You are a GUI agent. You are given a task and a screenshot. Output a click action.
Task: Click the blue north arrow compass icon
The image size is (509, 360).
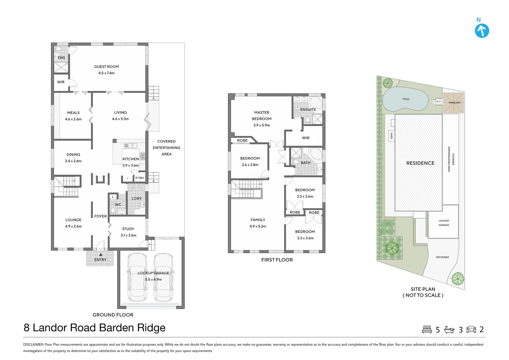(482, 31)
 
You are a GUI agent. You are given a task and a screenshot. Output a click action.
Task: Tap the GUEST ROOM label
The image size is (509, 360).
(107, 67)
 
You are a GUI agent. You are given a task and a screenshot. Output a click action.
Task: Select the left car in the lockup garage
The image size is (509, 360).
(137, 277)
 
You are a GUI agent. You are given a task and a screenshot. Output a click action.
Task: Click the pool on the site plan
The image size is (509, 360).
(405, 99)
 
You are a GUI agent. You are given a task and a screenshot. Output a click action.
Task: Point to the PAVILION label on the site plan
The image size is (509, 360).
(454, 103)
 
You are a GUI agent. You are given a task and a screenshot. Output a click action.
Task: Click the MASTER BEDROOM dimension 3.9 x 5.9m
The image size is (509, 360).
(262, 125)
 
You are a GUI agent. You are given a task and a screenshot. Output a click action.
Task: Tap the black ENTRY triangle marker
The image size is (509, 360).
(101, 254)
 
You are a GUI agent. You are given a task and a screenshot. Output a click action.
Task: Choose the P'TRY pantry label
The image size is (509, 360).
(140, 178)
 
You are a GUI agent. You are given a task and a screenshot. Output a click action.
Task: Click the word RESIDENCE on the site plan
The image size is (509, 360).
(420, 163)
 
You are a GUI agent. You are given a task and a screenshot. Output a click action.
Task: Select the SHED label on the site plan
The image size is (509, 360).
(391, 136)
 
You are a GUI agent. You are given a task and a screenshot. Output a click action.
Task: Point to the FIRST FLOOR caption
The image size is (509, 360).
(277, 260)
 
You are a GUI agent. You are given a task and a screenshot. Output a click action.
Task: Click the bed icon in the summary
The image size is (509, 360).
(427, 329)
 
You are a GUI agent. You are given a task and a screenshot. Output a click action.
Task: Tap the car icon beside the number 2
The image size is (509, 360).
(471, 329)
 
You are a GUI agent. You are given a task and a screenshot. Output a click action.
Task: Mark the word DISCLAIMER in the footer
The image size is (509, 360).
(33, 344)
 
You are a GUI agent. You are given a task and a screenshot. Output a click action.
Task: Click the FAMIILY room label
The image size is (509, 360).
(258, 220)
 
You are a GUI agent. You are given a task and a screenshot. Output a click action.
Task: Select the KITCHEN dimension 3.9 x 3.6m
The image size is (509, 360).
(131, 165)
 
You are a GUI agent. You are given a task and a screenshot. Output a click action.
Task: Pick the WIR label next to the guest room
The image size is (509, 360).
(61, 82)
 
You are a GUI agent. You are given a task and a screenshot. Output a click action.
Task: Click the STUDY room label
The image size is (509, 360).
(128, 229)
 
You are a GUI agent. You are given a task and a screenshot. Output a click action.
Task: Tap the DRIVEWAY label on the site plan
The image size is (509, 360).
(442, 257)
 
